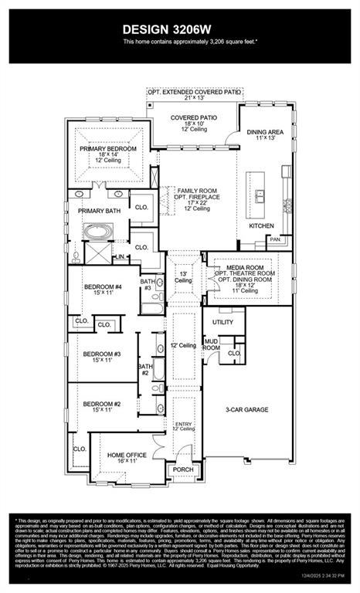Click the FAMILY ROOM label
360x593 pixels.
click(x=197, y=190)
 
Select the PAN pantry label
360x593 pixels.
click(x=274, y=239)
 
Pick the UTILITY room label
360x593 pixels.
click(x=222, y=321)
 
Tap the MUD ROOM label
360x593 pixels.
click(x=211, y=344)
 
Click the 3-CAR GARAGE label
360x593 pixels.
click(x=246, y=409)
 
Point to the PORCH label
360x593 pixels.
click(x=183, y=469)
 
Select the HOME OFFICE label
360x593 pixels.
click(x=127, y=456)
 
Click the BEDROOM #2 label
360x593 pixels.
click(x=102, y=404)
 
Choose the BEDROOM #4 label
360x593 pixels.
click(x=102, y=287)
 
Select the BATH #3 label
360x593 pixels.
click(x=148, y=285)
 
